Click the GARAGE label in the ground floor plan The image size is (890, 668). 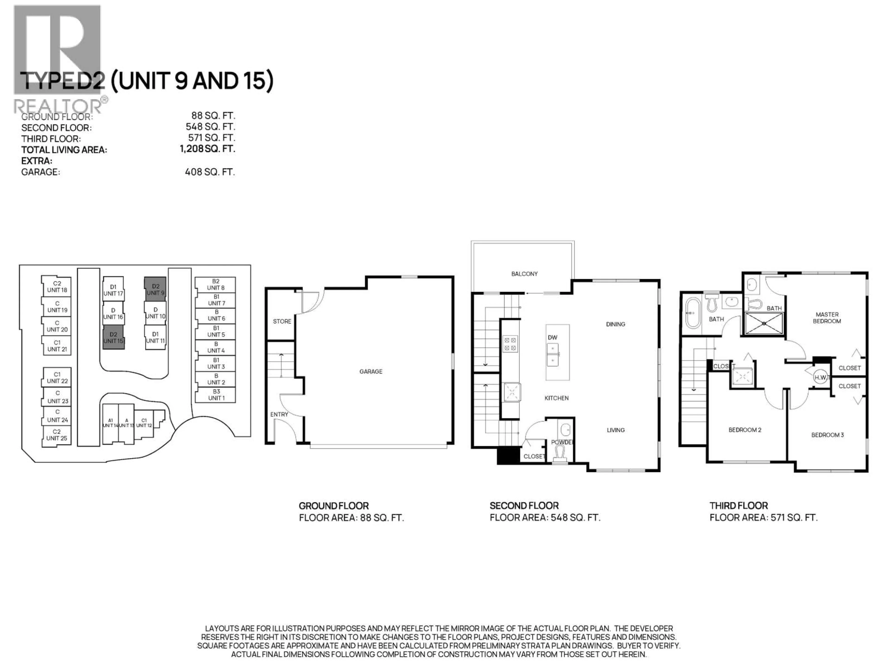(x=371, y=371)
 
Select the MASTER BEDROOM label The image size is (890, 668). (x=827, y=318)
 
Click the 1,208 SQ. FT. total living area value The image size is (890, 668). (x=207, y=149)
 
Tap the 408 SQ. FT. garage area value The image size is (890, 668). (x=210, y=172)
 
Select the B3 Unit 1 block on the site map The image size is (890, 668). (x=216, y=395)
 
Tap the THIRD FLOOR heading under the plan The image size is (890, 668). (x=738, y=505)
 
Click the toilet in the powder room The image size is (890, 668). (x=560, y=454)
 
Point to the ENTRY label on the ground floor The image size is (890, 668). (x=279, y=414)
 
